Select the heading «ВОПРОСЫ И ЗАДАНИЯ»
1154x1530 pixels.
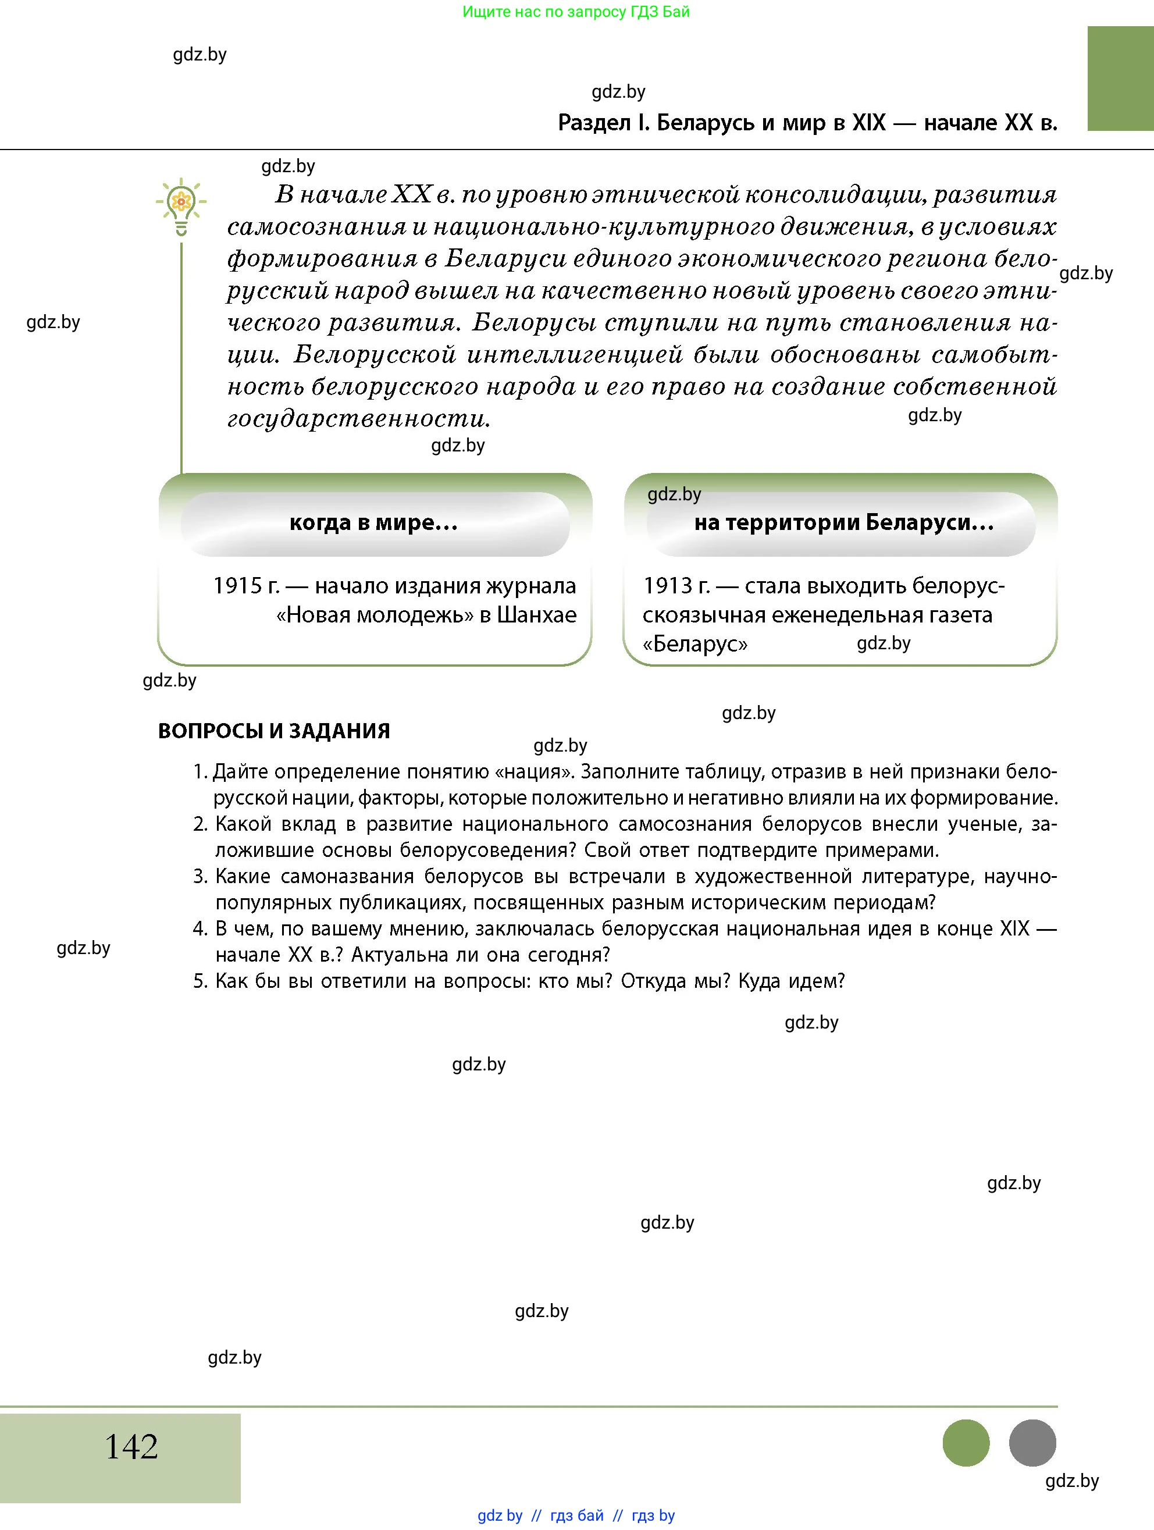point(274,731)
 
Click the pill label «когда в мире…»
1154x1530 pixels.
point(374,522)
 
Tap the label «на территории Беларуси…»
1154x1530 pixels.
point(843,522)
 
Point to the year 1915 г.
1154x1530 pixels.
point(245,586)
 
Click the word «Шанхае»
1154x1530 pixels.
point(536,615)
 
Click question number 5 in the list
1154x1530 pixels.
point(200,981)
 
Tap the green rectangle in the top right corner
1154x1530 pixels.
point(1120,78)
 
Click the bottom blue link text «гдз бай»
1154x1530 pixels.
point(576,1515)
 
